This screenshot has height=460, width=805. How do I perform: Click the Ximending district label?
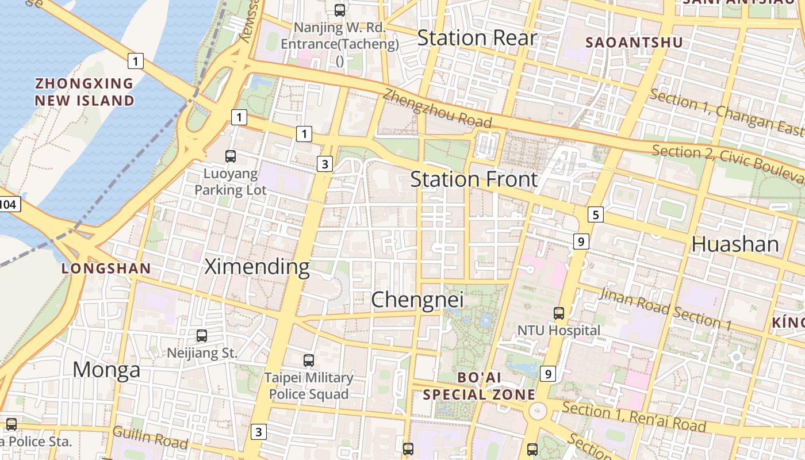(257, 267)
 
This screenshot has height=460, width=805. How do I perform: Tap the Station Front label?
(474, 179)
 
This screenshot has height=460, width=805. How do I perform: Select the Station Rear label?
(477, 38)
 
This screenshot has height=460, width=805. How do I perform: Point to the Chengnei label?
(417, 300)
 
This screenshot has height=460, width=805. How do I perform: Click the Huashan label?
(735, 244)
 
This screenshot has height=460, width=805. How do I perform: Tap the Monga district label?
(106, 370)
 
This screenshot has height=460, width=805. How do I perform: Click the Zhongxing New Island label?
(85, 92)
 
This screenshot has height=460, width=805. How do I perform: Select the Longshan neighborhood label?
(106, 268)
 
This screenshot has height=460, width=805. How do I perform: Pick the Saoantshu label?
(634, 43)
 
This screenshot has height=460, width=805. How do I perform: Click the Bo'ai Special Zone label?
(479, 386)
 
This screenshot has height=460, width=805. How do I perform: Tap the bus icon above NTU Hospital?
(558, 313)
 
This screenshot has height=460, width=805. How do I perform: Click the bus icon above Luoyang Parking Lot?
(231, 156)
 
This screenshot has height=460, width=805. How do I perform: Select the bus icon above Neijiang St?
(202, 335)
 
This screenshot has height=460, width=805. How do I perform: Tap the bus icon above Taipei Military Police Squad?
(309, 361)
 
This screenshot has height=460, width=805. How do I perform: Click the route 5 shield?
(595, 215)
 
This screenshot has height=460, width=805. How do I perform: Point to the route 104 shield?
(10, 204)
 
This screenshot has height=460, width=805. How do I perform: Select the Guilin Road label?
(150, 438)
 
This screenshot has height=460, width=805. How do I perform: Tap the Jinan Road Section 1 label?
(665, 309)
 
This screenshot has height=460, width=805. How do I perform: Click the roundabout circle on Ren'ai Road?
(538, 411)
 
